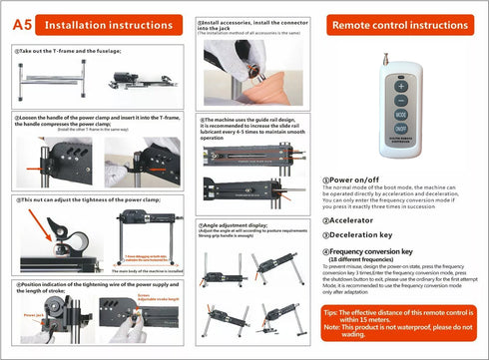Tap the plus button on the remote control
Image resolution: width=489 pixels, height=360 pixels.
400,86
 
